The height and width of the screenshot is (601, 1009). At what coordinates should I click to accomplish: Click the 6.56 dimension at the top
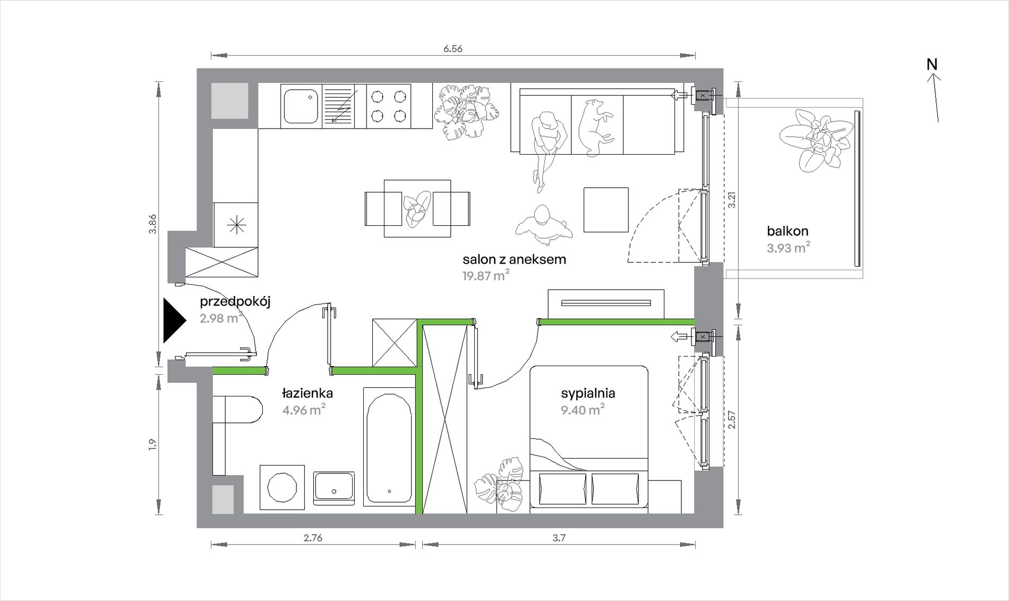(453, 49)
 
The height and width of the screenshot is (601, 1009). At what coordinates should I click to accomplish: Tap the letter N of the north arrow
(932, 64)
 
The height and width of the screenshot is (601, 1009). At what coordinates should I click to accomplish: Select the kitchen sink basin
(301, 106)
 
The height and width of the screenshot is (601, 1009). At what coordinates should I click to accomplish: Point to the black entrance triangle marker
(174, 320)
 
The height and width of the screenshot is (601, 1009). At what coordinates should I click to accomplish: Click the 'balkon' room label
(788, 231)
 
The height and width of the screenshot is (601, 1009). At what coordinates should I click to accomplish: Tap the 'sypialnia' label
(588, 393)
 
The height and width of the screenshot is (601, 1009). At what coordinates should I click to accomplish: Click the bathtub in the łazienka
(389, 447)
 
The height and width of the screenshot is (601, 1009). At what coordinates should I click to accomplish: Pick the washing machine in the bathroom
(282, 487)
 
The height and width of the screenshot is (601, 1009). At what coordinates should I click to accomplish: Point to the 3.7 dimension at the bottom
(559, 538)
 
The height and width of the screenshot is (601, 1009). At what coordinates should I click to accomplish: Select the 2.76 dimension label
(313, 538)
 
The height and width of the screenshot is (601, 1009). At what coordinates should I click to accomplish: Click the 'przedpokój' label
(235, 302)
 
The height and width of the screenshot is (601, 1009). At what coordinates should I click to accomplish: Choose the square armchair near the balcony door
(606, 209)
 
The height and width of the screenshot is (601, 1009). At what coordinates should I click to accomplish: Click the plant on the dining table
(417, 208)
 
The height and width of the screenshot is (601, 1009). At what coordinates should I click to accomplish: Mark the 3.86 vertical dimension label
(152, 224)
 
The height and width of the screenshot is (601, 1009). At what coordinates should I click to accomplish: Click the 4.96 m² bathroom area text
(304, 410)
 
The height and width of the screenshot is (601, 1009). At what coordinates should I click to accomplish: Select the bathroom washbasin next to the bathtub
(334, 488)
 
